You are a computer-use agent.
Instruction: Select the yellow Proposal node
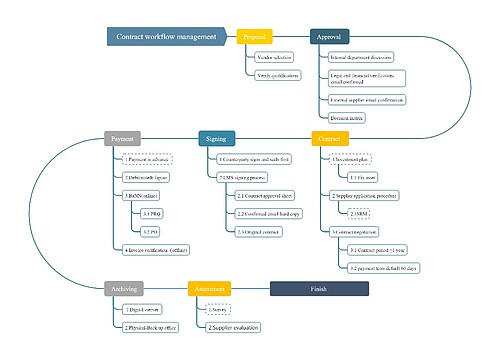pyautogui.click(x=255, y=37)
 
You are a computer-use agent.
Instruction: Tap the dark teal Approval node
pyautogui.click(x=329, y=37)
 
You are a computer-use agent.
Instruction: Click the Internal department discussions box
pyautogui.click(x=361, y=58)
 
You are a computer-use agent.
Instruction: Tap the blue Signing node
pyautogui.click(x=217, y=139)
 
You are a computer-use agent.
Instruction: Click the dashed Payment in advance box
pyautogui.click(x=147, y=159)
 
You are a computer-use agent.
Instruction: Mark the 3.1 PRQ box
pyautogui.click(x=153, y=213)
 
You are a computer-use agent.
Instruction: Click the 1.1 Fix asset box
pyautogui.click(x=362, y=176)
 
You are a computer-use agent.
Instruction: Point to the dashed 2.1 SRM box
pyautogui.click(x=360, y=213)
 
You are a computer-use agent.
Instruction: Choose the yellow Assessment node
pyautogui.click(x=209, y=288)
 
